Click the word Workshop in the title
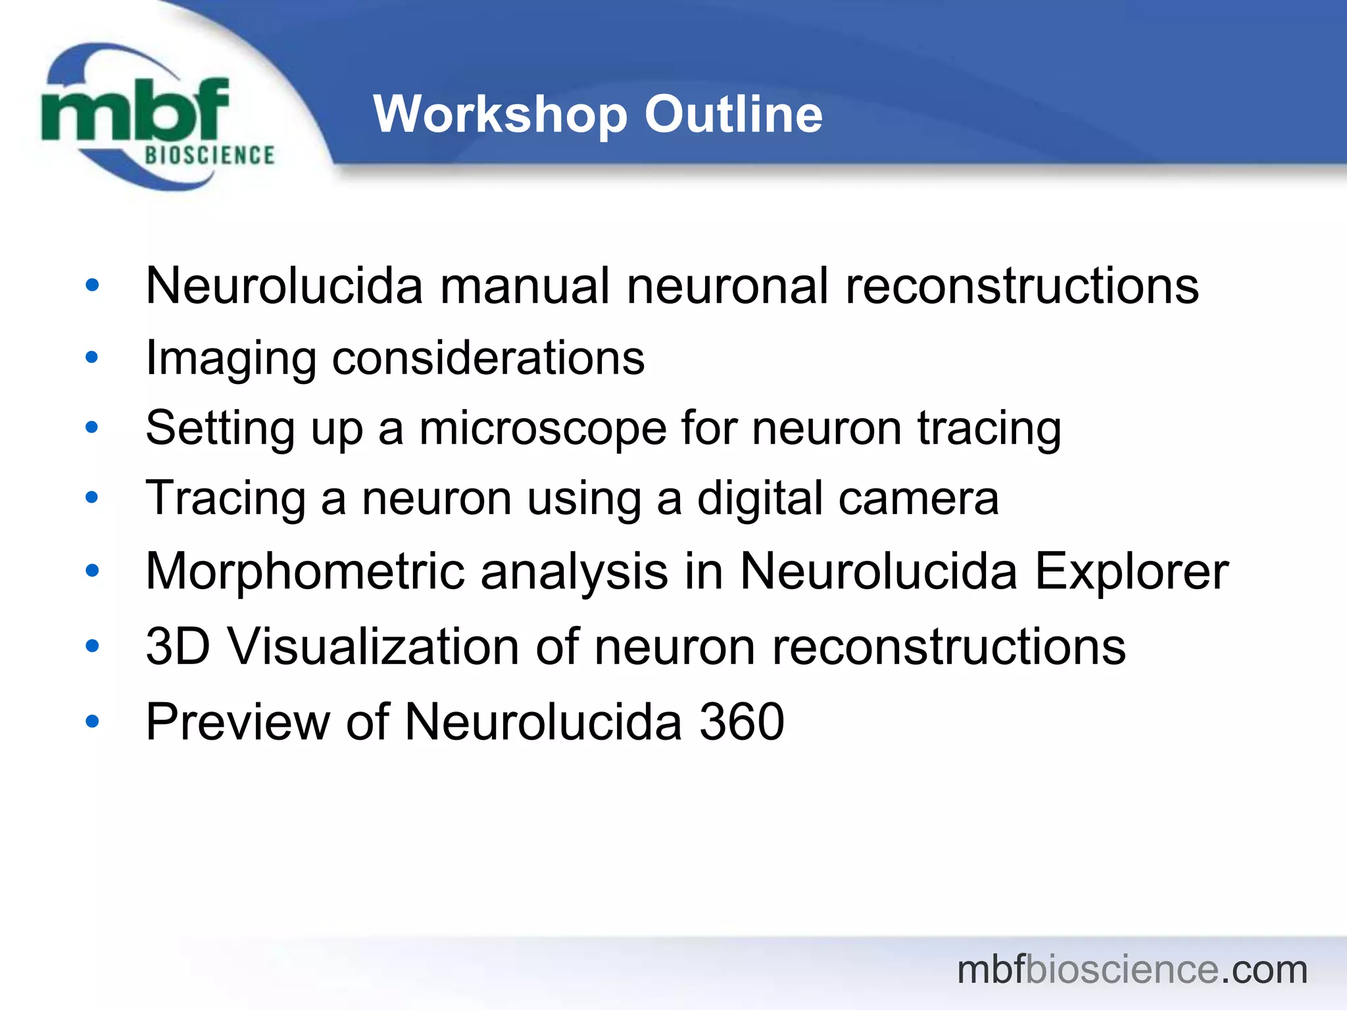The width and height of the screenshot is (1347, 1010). [x=501, y=114]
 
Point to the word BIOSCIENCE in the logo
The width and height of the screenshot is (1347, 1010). [x=209, y=155]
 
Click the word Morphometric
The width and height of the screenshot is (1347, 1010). [x=305, y=571]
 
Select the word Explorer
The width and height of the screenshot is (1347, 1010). [x=1131, y=571]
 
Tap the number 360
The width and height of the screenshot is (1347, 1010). [x=741, y=722]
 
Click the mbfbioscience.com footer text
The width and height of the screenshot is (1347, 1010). [x=1132, y=969]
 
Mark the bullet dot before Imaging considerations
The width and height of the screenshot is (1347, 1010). [x=92, y=358]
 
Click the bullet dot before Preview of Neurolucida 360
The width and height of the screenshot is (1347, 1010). [x=92, y=721]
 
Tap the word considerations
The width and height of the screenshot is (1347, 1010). [x=488, y=359]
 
